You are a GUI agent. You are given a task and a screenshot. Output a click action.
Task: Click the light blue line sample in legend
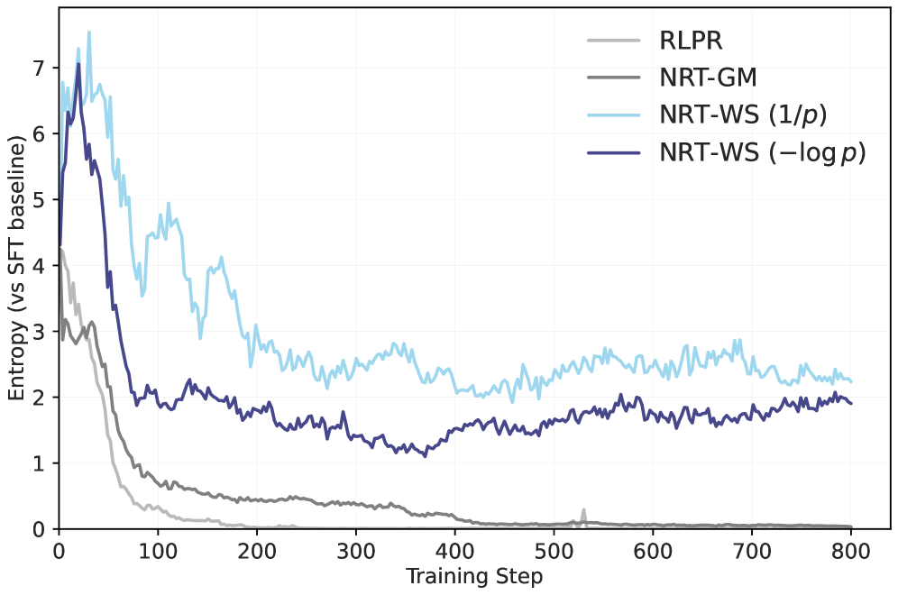click(x=613, y=115)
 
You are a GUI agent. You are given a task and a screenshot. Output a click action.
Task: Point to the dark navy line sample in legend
click(x=613, y=153)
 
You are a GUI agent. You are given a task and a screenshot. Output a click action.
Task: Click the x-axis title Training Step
click(x=474, y=576)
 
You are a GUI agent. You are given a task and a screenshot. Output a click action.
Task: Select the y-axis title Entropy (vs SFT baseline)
click(x=16, y=269)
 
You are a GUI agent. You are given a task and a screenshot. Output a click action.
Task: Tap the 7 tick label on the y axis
click(x=41, y=68)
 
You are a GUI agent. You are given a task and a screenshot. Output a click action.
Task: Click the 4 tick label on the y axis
click(x=41, y=265)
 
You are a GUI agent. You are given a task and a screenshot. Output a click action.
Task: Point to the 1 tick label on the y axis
click(x=41, y=463)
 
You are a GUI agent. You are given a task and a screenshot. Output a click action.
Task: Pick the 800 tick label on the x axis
click(x=850, y=549)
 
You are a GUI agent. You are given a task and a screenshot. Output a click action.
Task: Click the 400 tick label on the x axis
click(x=454, y=549)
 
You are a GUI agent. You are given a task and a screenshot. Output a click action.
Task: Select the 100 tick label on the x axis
click(x=158, y=549)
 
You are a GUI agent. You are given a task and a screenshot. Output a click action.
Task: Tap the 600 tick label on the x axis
click(x=653, y=549)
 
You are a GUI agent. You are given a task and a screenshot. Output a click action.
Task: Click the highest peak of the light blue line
click(x=88, y=32)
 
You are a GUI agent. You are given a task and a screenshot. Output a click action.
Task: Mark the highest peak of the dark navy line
click(x=78, y=63)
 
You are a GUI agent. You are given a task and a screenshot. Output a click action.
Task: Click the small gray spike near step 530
click(x=583, y=510)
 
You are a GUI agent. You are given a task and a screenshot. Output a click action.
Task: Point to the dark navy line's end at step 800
click(x=850, y=403)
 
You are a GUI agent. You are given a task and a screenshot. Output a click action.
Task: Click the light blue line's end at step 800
click(x=850, y=381)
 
